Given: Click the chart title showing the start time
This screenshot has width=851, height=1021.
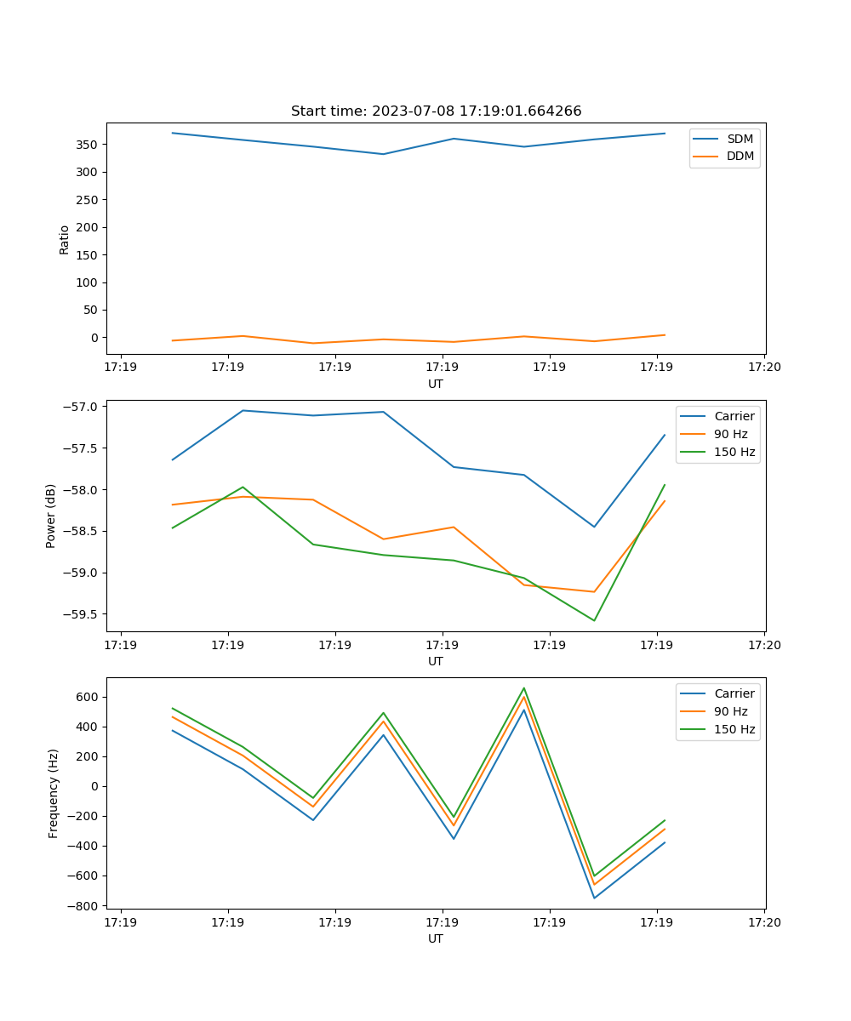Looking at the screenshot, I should pyautogui.click(x=436, y=111).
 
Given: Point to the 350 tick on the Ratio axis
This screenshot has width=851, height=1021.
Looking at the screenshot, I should pyautogui.click(x=88, y=145).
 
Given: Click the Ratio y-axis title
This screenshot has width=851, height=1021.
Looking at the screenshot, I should pyautogui.click(x=65, y=239).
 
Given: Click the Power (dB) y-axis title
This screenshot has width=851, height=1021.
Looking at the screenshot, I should pyautogui.click(x=51, y=516).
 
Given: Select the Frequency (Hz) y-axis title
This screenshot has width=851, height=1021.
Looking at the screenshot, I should pyautogui.click(x=53, y=793).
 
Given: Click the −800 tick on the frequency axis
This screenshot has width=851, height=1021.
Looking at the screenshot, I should pyautogui.click(x=85, y=906).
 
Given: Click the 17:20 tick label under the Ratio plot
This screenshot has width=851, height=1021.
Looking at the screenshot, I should pyautogui.click(x=763, y=368).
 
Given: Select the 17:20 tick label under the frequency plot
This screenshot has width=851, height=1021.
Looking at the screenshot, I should pyautogui.click(x=763, y=922).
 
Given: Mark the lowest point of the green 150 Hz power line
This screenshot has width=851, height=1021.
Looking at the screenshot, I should pyautogui.click(x=594, y=620).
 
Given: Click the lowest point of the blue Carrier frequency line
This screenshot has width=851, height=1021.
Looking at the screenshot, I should pyautogui.click(x=594, y=898).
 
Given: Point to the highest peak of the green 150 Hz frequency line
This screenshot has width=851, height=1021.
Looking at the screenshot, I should pyautogui.click(x=524, y=688).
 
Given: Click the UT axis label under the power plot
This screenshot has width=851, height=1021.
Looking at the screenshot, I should pyautogui.click(x=436, y=661).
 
